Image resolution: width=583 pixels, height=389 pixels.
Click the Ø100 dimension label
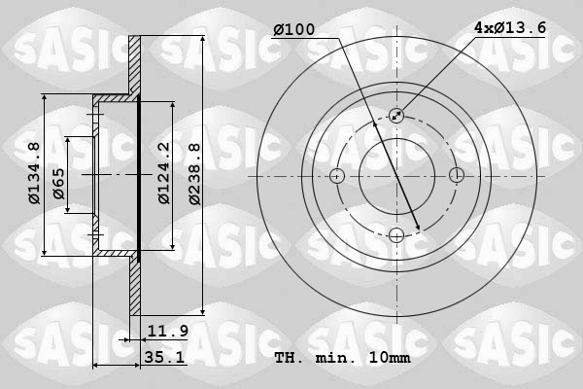click(x=294, y=30)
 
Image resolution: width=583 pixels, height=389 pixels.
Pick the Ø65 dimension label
click(x=58, y=185)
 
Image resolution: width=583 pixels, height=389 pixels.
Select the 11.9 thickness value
click(x=168, y=332)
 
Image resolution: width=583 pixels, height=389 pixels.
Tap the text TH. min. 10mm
click(x=343, y=358)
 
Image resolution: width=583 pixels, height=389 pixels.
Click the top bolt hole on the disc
click(x=396, y=116)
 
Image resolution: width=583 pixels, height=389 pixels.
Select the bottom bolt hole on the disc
click(x=396, y=234)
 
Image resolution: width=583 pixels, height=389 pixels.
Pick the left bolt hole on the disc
click(x=337, y=176)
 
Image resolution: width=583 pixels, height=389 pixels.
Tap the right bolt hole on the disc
click(x=456, y=176)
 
